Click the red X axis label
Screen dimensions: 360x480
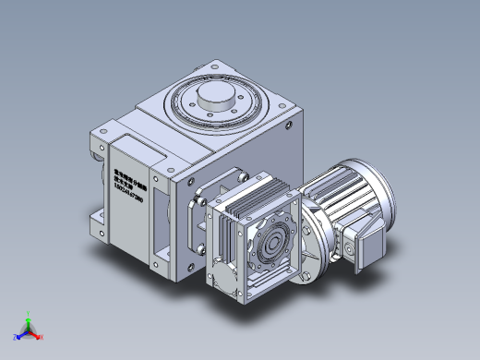[42, 337]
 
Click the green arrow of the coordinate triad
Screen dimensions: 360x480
[29, 320]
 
